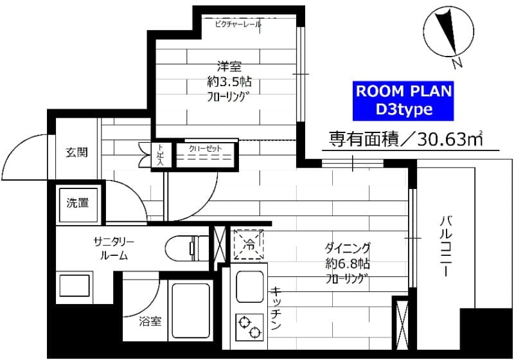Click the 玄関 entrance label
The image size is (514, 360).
[76, 152]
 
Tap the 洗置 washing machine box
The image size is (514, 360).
[78, 203]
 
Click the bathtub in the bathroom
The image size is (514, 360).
[191, 310]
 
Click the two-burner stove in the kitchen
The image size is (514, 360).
[249, 325]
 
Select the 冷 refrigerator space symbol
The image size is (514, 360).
[249, 244]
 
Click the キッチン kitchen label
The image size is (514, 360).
[276, 309]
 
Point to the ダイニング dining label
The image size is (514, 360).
[347, 248]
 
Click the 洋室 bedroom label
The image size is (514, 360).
[228, 66]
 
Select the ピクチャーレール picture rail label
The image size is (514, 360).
[238, 24]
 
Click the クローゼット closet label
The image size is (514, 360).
[205, 148]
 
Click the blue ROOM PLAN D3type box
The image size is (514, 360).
[404, 100]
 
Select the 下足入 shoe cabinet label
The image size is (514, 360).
[161, 154]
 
